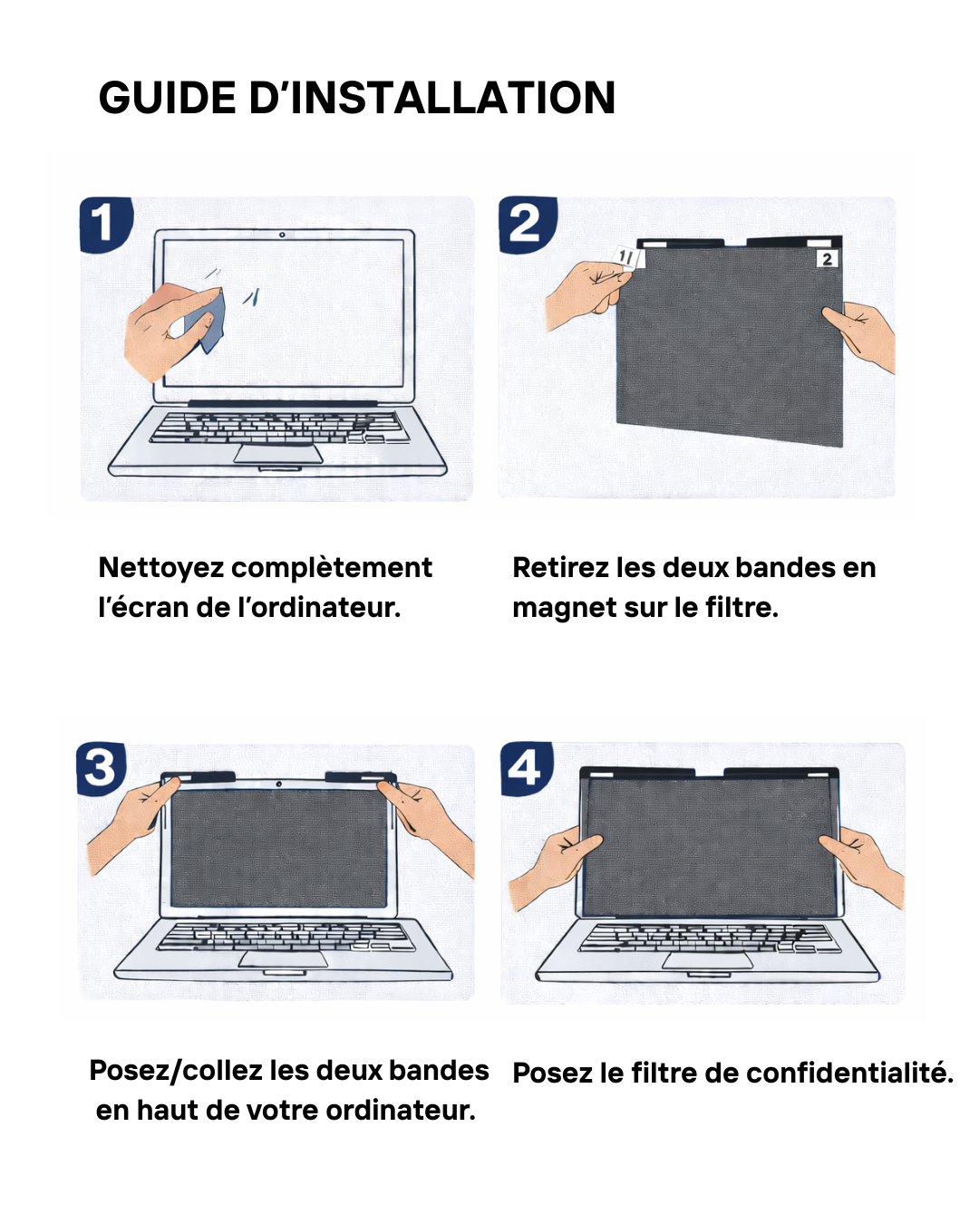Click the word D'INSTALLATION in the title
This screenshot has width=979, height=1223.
(432, 98)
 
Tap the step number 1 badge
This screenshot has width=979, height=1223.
(105, 224)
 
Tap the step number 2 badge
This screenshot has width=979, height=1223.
(526, 224)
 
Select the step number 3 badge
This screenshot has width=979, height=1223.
(101, 768)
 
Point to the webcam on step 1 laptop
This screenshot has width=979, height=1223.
(282, 235)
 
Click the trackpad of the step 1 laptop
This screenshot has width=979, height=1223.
(278, 454)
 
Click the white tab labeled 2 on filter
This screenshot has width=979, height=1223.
(826, 259)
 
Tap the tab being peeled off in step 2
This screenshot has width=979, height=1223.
(628, 258)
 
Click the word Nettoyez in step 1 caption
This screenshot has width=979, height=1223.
(161, 568)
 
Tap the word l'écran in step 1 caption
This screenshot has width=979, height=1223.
(143, 608)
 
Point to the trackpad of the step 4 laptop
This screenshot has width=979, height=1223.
(707, 960)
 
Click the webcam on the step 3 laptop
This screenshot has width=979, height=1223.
(279, 784)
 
